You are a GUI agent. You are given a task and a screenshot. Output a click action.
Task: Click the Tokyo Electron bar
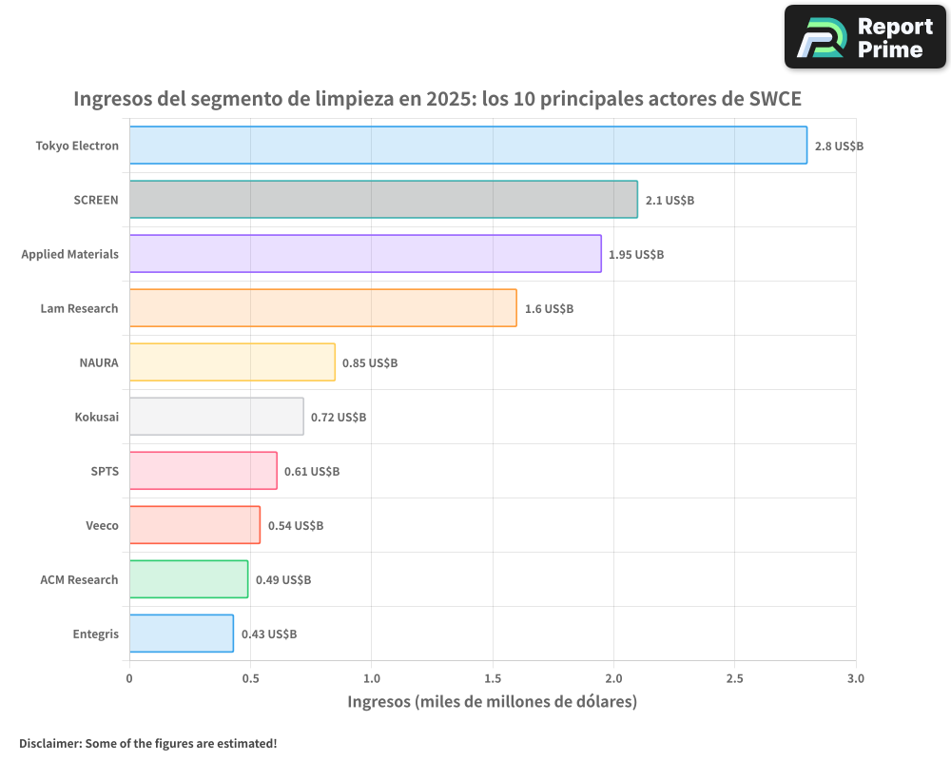[468, 146]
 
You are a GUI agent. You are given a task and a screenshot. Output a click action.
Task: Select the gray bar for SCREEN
[383, 200]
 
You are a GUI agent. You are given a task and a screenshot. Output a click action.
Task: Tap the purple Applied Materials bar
[365, 254]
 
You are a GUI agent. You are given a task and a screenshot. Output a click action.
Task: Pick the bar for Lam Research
[322, 308]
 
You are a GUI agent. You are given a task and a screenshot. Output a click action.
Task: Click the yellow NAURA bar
[232, 362]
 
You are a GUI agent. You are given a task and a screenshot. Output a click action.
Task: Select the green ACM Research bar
[188, 579]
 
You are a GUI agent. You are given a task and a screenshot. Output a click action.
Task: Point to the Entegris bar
[181, 634]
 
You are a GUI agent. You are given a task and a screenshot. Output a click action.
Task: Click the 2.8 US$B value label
[839, 146]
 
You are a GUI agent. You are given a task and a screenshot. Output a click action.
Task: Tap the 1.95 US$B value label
[636, 255]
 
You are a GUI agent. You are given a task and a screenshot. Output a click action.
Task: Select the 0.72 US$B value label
[339, 418]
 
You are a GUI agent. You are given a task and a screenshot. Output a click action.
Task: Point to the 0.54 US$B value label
[295, 526]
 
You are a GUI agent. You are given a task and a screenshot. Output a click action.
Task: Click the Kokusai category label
[96, 417]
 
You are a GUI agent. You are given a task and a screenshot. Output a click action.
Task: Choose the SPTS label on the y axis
[104, 471]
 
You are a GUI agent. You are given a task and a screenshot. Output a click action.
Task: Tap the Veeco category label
[102, 525]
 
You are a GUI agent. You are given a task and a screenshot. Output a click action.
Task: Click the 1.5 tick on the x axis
[493, 679]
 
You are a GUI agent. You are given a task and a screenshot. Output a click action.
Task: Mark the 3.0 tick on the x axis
[856, 679]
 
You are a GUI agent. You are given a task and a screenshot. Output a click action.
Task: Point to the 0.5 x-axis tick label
[250, 679]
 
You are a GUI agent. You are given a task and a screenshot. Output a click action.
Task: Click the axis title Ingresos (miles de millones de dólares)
[492, 702]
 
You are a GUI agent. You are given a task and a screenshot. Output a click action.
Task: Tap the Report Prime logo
[864, 37]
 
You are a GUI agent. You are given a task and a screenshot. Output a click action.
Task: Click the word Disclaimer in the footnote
[49, 744]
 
